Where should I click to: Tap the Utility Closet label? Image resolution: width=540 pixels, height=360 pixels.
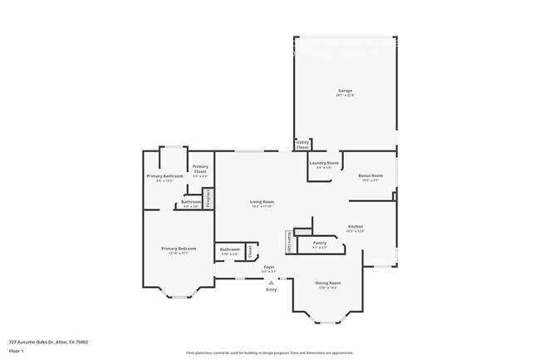302,145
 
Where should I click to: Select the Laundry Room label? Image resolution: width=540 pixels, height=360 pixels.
324,163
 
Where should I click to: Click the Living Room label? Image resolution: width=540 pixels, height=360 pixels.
263,201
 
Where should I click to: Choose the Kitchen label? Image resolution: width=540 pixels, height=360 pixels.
355,226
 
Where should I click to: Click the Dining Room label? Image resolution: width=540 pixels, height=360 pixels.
328,284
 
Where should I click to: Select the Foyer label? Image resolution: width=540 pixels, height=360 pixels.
269,267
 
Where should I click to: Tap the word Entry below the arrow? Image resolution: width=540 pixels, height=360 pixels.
271,289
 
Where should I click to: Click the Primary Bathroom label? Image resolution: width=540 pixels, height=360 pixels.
164,176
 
